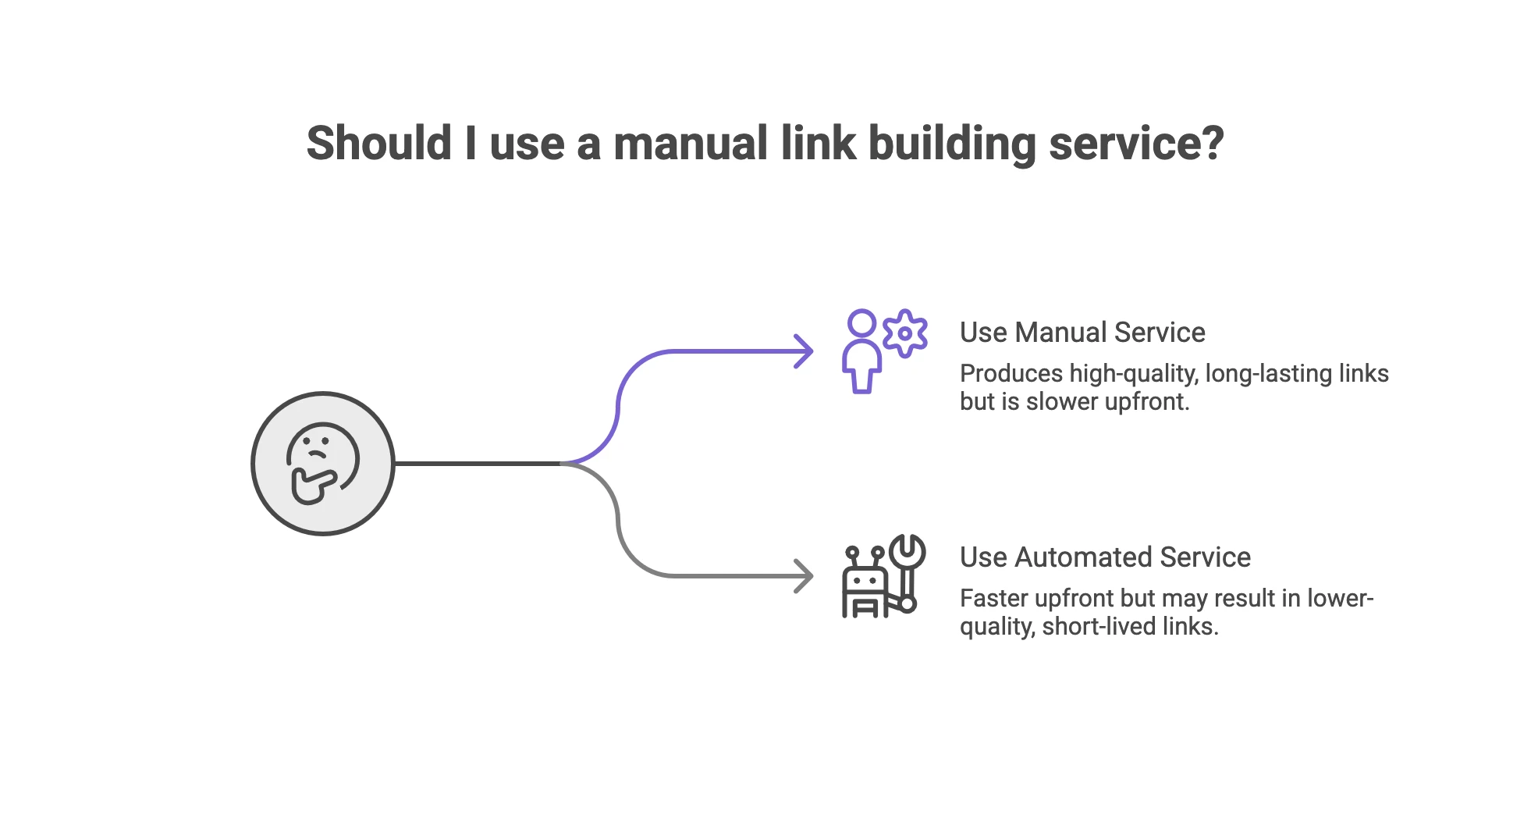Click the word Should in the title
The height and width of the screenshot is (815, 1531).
pyautogui.click(x=378, y=144)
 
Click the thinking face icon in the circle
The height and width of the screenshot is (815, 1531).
pyautogui.click(x=322, y=464)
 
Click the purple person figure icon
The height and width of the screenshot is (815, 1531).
pyautogui.click(x=861, y=351)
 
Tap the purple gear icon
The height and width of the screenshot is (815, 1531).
pyautogui.click(x=905, y=333)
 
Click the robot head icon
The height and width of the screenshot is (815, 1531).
pyautogui.click(x=865, y=582)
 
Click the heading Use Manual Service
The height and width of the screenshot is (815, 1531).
pyautogui.click(x=1082, y=333)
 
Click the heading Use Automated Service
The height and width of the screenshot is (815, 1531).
pyautogui.click(x=1104, y=557)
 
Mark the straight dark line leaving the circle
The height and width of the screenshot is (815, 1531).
pyautogui.click(x=476, y=464)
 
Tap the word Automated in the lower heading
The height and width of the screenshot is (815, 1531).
pyautogui.click(x=1083, y=557)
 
